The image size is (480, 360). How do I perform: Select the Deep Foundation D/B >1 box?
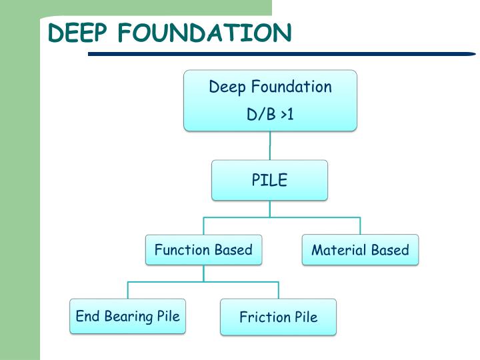click(x=270, y=100)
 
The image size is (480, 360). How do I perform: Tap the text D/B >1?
click(x=270, y=115)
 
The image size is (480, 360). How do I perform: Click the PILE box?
click(x=269, y=180)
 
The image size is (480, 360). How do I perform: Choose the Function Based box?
click(x=203, y=250)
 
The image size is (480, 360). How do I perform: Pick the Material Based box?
click(x=360, y=250)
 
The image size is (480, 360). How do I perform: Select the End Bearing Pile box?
click(x=127, y=316)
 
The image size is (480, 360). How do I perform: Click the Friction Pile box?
click(x=278, y=317)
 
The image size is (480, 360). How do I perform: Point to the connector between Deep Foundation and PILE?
click(x=270, y=145)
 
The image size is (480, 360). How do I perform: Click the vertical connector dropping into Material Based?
click(x=360, y=225)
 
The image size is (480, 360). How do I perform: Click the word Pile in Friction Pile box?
click(x=305, y=317)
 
